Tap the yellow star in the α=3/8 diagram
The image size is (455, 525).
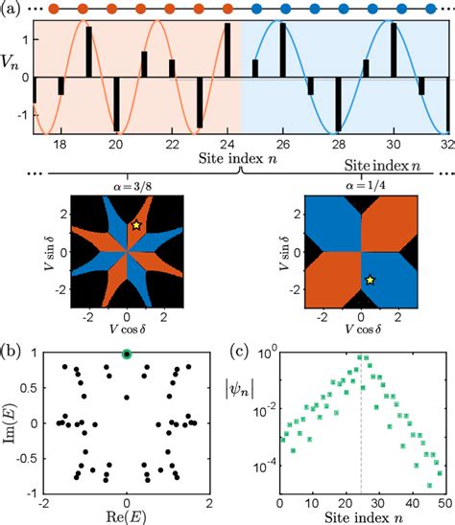click(x=137, y=224)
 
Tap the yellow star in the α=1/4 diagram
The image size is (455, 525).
click(x=370, y=280)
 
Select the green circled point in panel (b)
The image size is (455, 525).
click(x=127, y=354)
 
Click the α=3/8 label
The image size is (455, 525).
click(x=126, y=188)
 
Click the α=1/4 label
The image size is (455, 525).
click(x=359, y=188)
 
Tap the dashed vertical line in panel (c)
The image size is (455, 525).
click(x=360, y=450)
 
